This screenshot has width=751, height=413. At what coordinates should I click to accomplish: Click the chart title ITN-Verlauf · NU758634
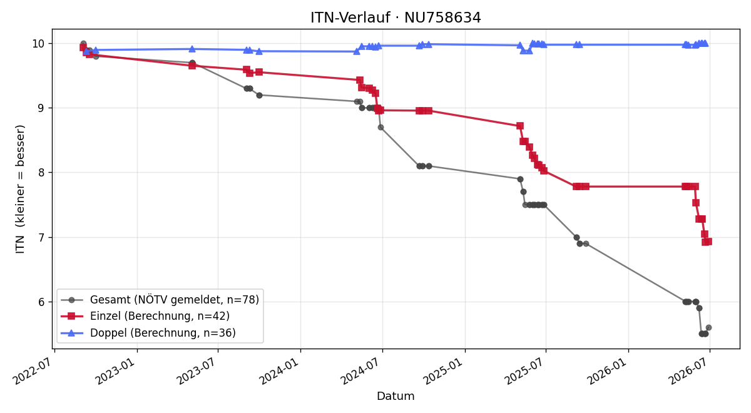396,18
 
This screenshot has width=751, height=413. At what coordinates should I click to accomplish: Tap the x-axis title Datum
396,396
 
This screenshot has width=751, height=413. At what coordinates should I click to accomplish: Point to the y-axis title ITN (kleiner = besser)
20,189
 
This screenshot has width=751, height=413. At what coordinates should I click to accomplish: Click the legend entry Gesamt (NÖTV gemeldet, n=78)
175,300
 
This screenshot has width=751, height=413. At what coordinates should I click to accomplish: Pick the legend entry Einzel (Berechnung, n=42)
160,316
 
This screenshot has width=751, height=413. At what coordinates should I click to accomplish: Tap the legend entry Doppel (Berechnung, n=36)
163,333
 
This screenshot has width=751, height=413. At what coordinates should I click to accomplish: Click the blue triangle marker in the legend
71,333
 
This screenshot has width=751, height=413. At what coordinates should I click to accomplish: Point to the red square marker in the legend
71,316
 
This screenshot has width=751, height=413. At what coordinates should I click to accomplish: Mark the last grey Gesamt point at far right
708,327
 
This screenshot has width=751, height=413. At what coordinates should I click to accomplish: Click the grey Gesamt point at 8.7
381,128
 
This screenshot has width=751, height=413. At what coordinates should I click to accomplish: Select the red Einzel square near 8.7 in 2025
520,126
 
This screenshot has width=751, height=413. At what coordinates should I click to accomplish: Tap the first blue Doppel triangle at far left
86,51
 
